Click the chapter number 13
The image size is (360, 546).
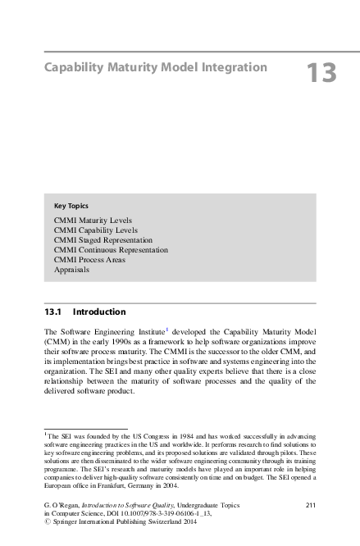(x=321, y=74)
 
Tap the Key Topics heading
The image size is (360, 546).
(x=71, y=205)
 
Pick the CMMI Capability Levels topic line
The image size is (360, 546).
(x=95, y=230)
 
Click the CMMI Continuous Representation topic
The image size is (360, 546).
(x=111, y=249)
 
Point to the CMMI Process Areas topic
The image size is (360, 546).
(x=93, y=259)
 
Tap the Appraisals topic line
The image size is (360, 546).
(x=72, y=269)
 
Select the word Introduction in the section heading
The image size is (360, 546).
(x=99, y=312)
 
